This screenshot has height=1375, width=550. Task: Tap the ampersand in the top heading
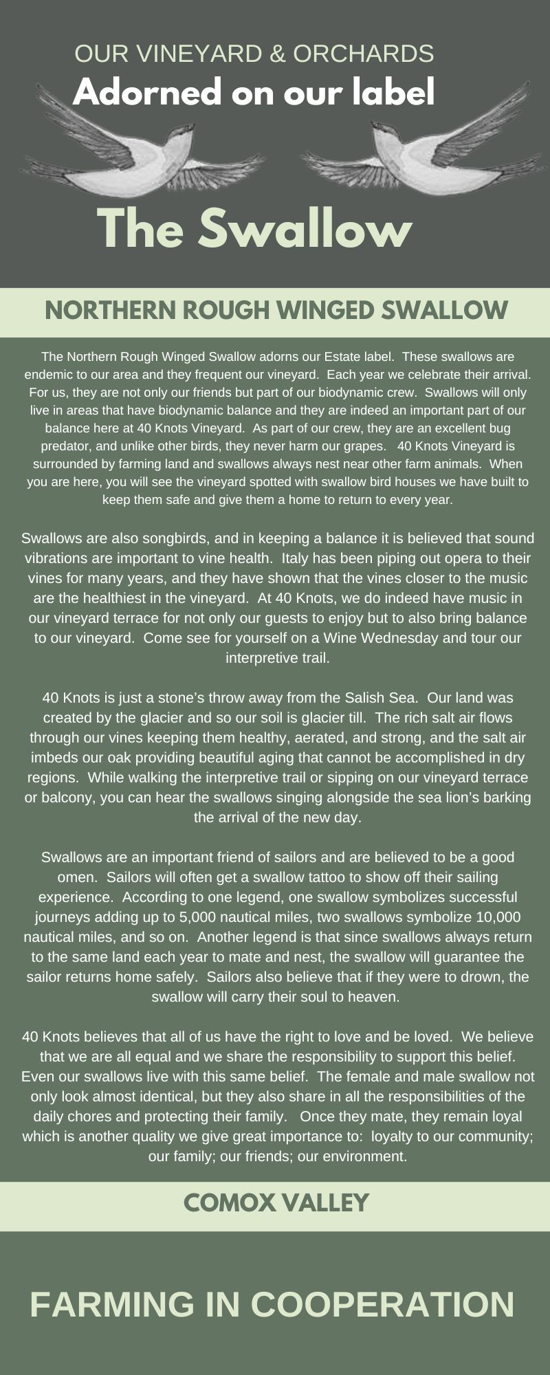[x=278, y=53]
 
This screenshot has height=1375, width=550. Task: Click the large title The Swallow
[x=254, y=229]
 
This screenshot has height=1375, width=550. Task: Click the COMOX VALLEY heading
[x=276, y=1202]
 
